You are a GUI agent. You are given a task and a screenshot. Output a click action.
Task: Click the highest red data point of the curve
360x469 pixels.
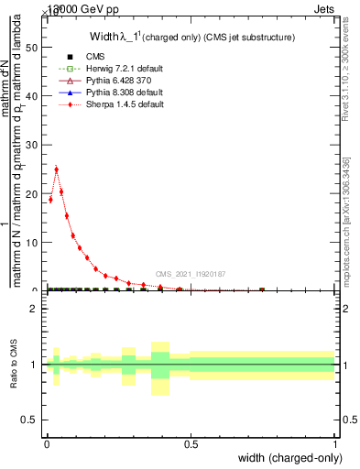tap(57, 169)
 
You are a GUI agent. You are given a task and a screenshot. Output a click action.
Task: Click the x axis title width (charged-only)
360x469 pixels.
tap(288, 458)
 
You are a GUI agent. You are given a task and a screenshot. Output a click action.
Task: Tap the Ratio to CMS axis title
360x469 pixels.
tap(13, 365)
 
